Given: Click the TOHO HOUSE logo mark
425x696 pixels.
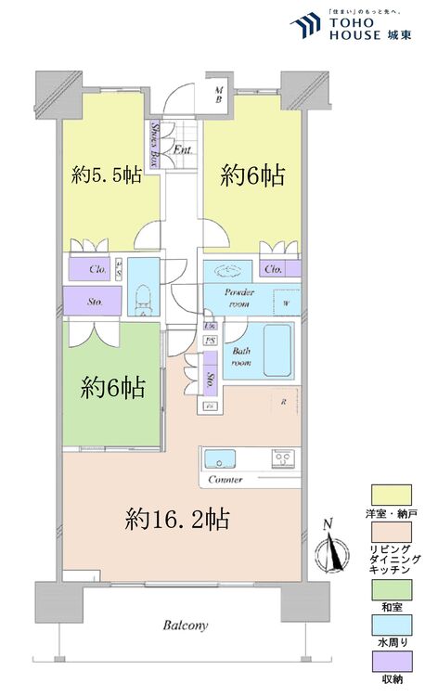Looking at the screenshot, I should [304, 25].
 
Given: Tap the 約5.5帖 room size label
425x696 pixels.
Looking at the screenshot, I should [107, 174].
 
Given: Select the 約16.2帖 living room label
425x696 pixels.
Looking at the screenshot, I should [177, 518].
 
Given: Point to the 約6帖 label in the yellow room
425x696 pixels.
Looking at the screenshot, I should [251, 174].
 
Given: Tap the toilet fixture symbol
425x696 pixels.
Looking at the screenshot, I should [142, 299].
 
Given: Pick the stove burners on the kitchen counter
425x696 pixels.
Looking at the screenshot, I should [282, 458].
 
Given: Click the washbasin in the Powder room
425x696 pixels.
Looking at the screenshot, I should [229, 270].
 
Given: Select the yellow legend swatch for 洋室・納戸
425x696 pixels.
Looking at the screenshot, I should [388, 493].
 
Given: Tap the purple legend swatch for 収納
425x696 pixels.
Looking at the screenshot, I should [388, 664].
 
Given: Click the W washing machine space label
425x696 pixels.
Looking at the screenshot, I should [286, 302].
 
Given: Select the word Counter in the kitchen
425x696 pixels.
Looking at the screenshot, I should [227, 481].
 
